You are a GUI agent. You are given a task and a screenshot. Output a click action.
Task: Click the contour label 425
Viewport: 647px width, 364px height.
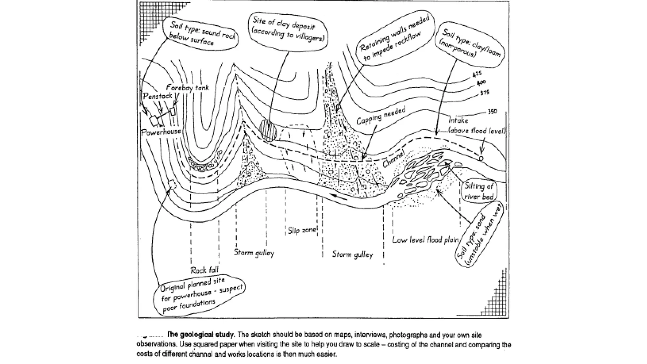tap(477, 74)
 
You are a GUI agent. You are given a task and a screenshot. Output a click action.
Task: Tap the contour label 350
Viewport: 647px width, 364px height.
tap(492, 112)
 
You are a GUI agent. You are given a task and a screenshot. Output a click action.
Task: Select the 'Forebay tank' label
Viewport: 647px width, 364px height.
tap(187, 88)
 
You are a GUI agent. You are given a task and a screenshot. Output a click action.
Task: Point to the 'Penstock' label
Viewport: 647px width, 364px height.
tap(157, 96)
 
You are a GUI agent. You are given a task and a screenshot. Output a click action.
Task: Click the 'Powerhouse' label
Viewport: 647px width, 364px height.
tap(161, 131)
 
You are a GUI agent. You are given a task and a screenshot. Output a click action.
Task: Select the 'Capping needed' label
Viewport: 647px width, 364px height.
tap(381, 116)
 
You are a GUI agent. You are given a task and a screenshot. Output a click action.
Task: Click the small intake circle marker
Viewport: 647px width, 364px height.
tap(481, 158)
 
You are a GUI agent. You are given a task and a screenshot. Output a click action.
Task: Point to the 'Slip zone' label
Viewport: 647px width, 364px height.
tap(302, 230)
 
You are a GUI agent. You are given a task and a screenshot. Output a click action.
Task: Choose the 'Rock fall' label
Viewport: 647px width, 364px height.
tap(204, 270)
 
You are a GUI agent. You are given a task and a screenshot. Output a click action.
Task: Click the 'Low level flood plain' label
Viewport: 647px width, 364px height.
tap(425, 240)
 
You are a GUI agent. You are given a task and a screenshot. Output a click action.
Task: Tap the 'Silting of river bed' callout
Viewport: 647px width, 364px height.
tap(479, 191)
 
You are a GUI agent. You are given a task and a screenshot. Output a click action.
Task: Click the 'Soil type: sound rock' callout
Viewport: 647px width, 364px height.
tap(202, 33)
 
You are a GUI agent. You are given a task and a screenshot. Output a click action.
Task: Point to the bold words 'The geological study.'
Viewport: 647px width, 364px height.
tap(201, 335)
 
